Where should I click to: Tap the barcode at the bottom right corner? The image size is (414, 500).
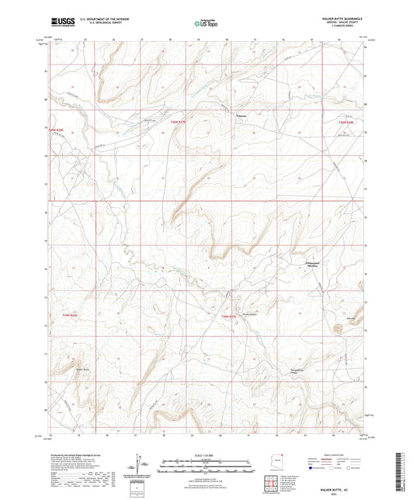coord(405,473)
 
